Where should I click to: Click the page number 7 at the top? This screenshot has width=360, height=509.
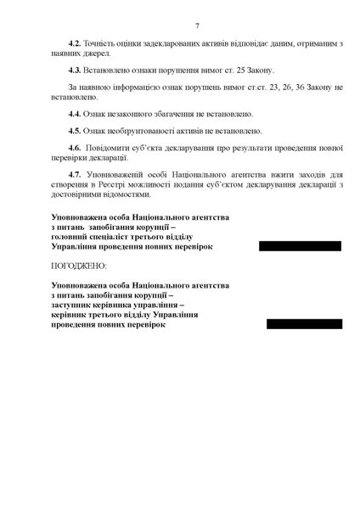pos(196,26)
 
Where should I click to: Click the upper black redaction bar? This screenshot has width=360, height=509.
pos(300,246)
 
